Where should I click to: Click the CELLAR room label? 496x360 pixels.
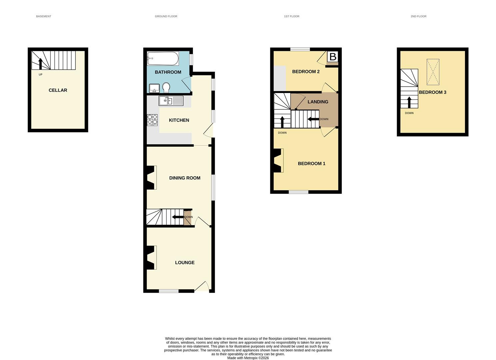pyautogui.click(x=58, y=90)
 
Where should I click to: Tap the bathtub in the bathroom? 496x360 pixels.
pyautogui.click(x=163, y=59)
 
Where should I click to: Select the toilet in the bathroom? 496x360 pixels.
pyautogui.click(x=166, y=88)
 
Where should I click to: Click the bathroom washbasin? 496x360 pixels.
pyautogui.click(x=154, y=88)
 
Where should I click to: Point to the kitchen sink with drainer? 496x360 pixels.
pyautogui.click(x=171, y=101)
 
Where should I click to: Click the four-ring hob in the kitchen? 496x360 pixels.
pyautogui.click(x=152, y=120)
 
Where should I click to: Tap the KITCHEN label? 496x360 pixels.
pyautogui.click(x=179, y=120)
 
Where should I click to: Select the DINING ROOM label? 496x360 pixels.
pyautogui.click(x=185, y=178)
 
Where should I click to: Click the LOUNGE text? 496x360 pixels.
pyautogui.click(x=185, y=263)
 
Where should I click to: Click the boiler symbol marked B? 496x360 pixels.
pyautogui.click(x=333, y=57)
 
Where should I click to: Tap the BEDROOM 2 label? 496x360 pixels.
pyautogui.click(x=306, y=72)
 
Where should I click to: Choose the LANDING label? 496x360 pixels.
pyautogui.click(x=318, y=102)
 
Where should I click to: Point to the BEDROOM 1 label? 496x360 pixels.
pyautogui.click(x=312, y=164)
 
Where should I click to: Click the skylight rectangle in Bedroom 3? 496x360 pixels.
pyautogui.click(x=433, y=72)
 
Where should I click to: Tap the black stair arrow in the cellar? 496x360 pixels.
pyautogui.click(x=40, y=64)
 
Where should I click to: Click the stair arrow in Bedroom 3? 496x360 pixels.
pyautogui.click(x=409, y=102)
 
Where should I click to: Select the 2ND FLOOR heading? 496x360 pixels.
pyautogui.click(x=419, y=16)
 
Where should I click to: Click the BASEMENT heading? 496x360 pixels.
pyautogui.click(x=44, y=16)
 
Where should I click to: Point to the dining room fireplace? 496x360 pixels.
pyautogui.click(x=152, y=178)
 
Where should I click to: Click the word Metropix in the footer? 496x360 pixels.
pyautogui.click(x=251, y=358)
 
